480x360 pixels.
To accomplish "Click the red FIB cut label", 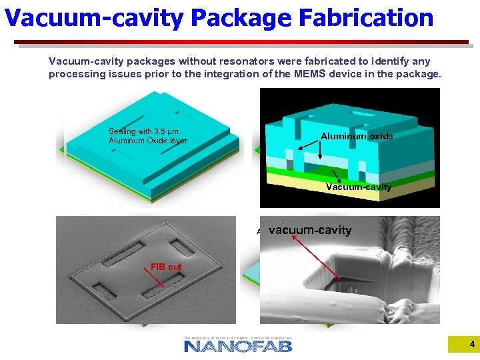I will point(166,267).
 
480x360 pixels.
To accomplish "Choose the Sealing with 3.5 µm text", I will point(143,131).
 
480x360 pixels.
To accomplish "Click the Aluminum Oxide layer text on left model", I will point(148,141).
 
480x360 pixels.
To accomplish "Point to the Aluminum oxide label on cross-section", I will point(357,136).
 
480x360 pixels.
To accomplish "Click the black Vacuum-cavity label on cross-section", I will point(359,187).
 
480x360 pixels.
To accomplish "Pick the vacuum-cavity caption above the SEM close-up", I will point(309,230).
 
